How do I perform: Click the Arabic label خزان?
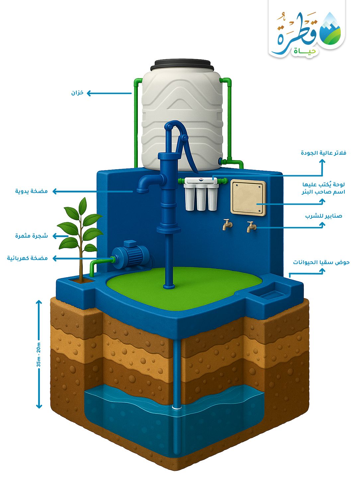pyautogui.click(x=77, y=93)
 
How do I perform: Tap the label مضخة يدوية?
pyautogui.click(x=32, y=191)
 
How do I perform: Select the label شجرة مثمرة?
pyautogui.click(x=32, y=236)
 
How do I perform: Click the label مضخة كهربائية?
pyautogui.click(x=28, y=258)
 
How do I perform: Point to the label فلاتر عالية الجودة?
pyautogui.click(x=323, y=153)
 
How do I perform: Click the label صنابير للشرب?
pyautogui.click(x=323, y=216)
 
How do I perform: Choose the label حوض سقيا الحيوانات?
pyautogui.click(x=321, y=262)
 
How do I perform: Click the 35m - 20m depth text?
pyautogui.click(x=39, y=354)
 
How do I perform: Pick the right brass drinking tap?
pyautogui.click(x=251, y=227)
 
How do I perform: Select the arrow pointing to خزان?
pyautogui.click(x=109, y=93)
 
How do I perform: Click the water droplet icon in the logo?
pyautogui.click(x=331, y=30)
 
